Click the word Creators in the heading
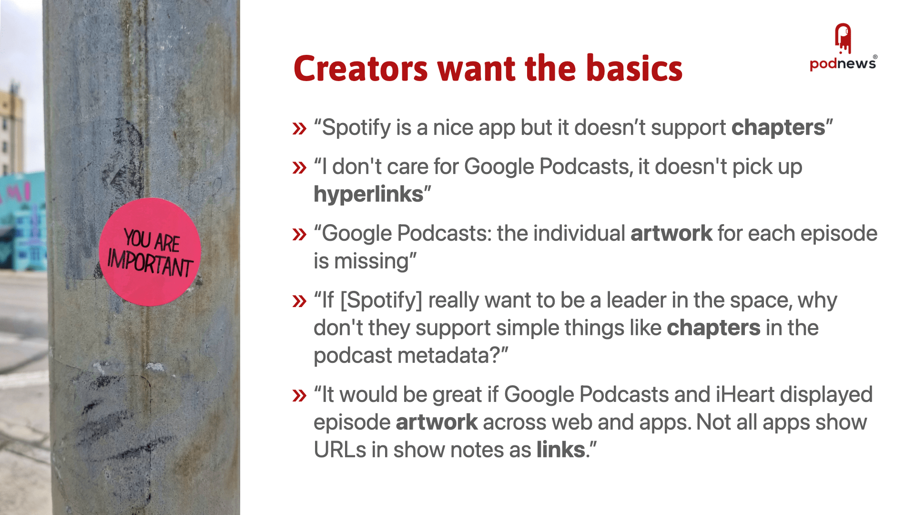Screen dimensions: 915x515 [361, 68]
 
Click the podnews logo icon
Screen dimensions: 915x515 [843, 38]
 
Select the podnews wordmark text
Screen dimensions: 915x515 [843, 63]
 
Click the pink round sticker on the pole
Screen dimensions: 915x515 [150, 252]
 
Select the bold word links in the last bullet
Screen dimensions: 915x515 [561, 450]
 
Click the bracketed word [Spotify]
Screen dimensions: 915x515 [381, 301]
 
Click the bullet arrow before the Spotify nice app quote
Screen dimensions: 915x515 [299, 128]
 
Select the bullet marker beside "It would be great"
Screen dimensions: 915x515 [299, 395]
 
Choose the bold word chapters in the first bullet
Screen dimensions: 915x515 [778, 128]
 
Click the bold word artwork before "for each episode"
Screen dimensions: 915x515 [671, 234]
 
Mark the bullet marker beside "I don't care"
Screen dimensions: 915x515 [299, 167]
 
